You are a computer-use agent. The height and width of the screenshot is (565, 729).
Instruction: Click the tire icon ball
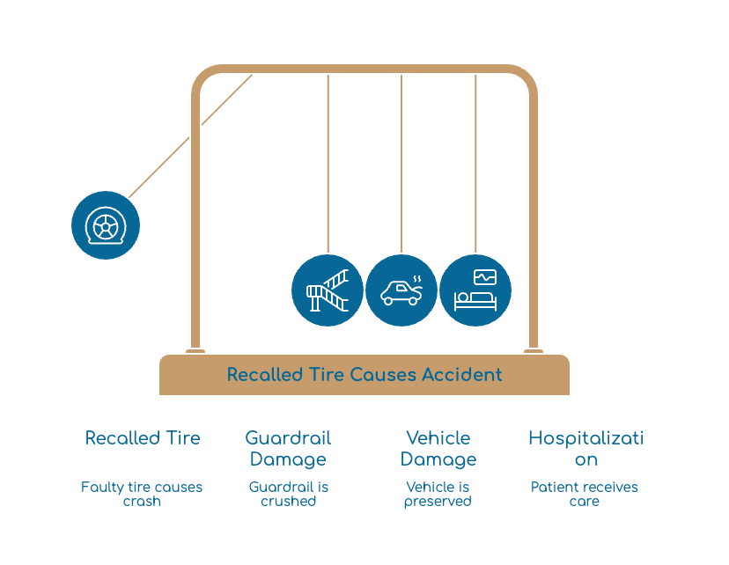pos(106,225)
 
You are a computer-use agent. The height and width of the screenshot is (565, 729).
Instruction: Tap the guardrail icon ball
pos(328,290)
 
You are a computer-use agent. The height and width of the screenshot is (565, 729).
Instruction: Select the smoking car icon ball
pos(401,290)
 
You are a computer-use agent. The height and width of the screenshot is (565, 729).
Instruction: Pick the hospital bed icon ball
pos(475,290)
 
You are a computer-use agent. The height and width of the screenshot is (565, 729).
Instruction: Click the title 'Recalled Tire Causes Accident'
pos(364,375)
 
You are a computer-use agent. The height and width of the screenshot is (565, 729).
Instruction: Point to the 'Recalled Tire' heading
pos(143,438)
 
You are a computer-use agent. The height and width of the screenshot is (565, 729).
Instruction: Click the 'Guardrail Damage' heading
pos(288,449)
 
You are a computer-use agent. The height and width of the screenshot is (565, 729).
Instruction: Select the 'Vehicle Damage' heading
pos(438,449)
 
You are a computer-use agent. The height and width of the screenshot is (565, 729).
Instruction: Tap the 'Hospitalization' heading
pos(585,449)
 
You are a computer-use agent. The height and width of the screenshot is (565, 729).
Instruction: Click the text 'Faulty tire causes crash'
pos(142,494)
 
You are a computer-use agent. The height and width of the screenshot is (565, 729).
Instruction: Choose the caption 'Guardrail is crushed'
pos(288,494)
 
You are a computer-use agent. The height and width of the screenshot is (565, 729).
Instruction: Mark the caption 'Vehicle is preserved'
pos(438,494)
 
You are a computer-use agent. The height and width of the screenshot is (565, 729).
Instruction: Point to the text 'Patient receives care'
pos(585,494)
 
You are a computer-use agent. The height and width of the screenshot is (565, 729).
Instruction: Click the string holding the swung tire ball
pos(190,136)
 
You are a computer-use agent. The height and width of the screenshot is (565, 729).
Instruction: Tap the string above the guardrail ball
pos(328,164)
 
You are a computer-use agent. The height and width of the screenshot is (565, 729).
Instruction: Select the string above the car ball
pos(401,164)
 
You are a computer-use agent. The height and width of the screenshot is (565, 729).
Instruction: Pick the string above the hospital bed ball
pos(475,164)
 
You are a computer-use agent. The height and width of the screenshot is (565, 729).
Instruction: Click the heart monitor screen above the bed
pos(485,277)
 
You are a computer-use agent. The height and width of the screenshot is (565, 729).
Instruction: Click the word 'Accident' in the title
pos(462,375)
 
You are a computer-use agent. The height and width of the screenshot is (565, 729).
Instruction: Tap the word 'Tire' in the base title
pos(327,375)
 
